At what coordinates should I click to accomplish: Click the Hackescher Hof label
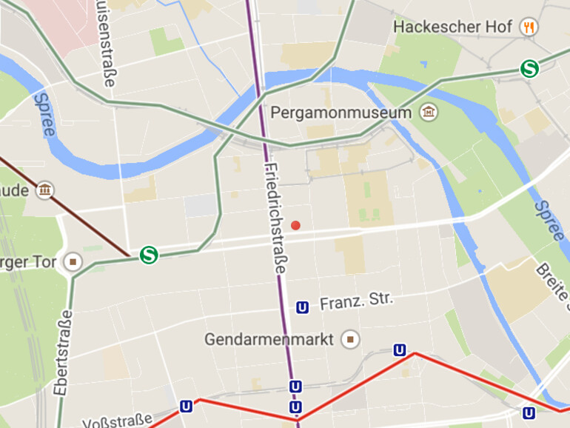(452, 27)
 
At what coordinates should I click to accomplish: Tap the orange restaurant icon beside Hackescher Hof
(529, 27)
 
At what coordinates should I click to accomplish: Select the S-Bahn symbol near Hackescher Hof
(529, 69)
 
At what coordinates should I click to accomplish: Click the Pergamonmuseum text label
(341, 113)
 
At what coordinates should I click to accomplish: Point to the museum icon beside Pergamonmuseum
(428, 113)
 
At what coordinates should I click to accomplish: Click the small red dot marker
(295, 225)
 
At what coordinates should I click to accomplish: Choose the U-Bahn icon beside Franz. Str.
(302, 307)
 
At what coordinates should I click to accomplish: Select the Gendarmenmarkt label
(271, 339)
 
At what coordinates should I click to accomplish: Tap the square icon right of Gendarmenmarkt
(351, 339)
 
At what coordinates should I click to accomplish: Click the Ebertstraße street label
(64, 351)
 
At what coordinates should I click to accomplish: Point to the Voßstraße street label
(118, 421)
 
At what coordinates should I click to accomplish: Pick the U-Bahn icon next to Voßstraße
(186, 406)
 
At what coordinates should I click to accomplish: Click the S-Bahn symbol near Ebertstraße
(149, 255)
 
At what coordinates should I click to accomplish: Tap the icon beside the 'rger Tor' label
(73, 261)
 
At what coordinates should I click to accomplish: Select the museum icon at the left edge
(46, 190)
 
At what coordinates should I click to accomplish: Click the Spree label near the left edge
(44, 114)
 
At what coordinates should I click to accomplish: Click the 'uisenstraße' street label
(107, 44)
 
